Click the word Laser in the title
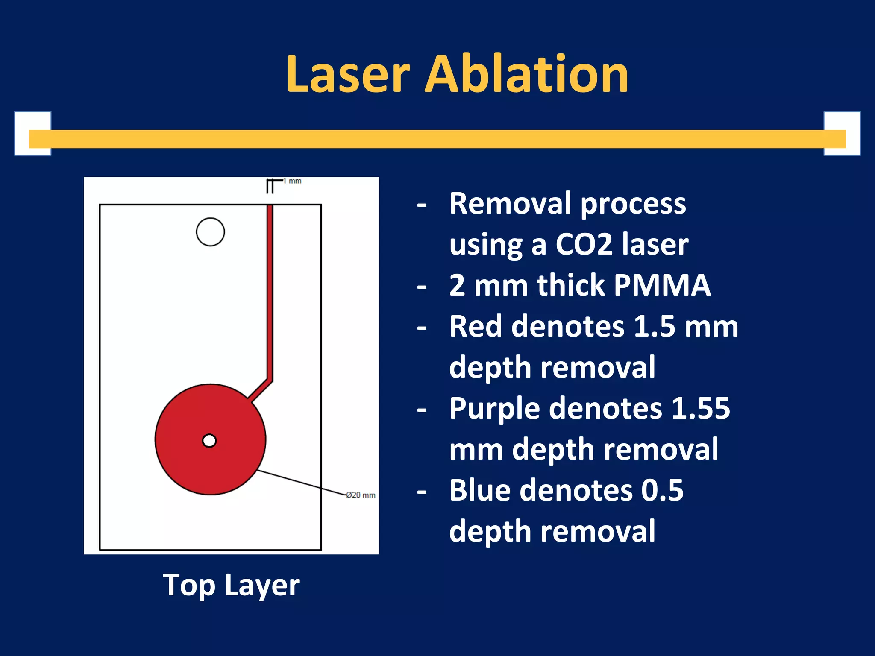[x=348, y=75]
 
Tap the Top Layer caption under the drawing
[x=231, y=585]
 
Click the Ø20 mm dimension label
[x=360, y=495]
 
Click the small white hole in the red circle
[x=209, y=440]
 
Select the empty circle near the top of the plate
[x=210, y=232]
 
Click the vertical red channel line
[x=270, y=290]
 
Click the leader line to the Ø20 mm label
[x=301, y=483]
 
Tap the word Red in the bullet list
[x=476, y=326]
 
